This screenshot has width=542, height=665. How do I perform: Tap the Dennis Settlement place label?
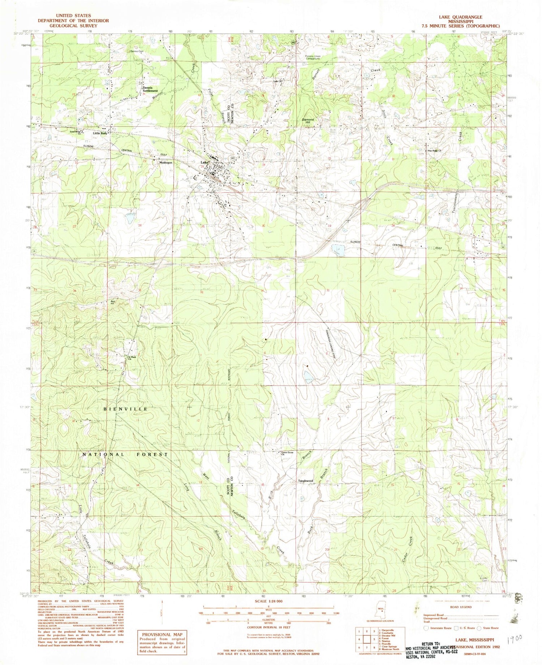(x=150, y=89)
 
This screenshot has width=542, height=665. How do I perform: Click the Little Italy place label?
(x=100, y=133)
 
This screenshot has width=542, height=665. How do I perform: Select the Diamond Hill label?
(x=308, y=121)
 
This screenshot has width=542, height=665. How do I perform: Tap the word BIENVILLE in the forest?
(x=125, y=409)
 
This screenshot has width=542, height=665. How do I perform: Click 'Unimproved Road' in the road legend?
(x=436, y=618)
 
